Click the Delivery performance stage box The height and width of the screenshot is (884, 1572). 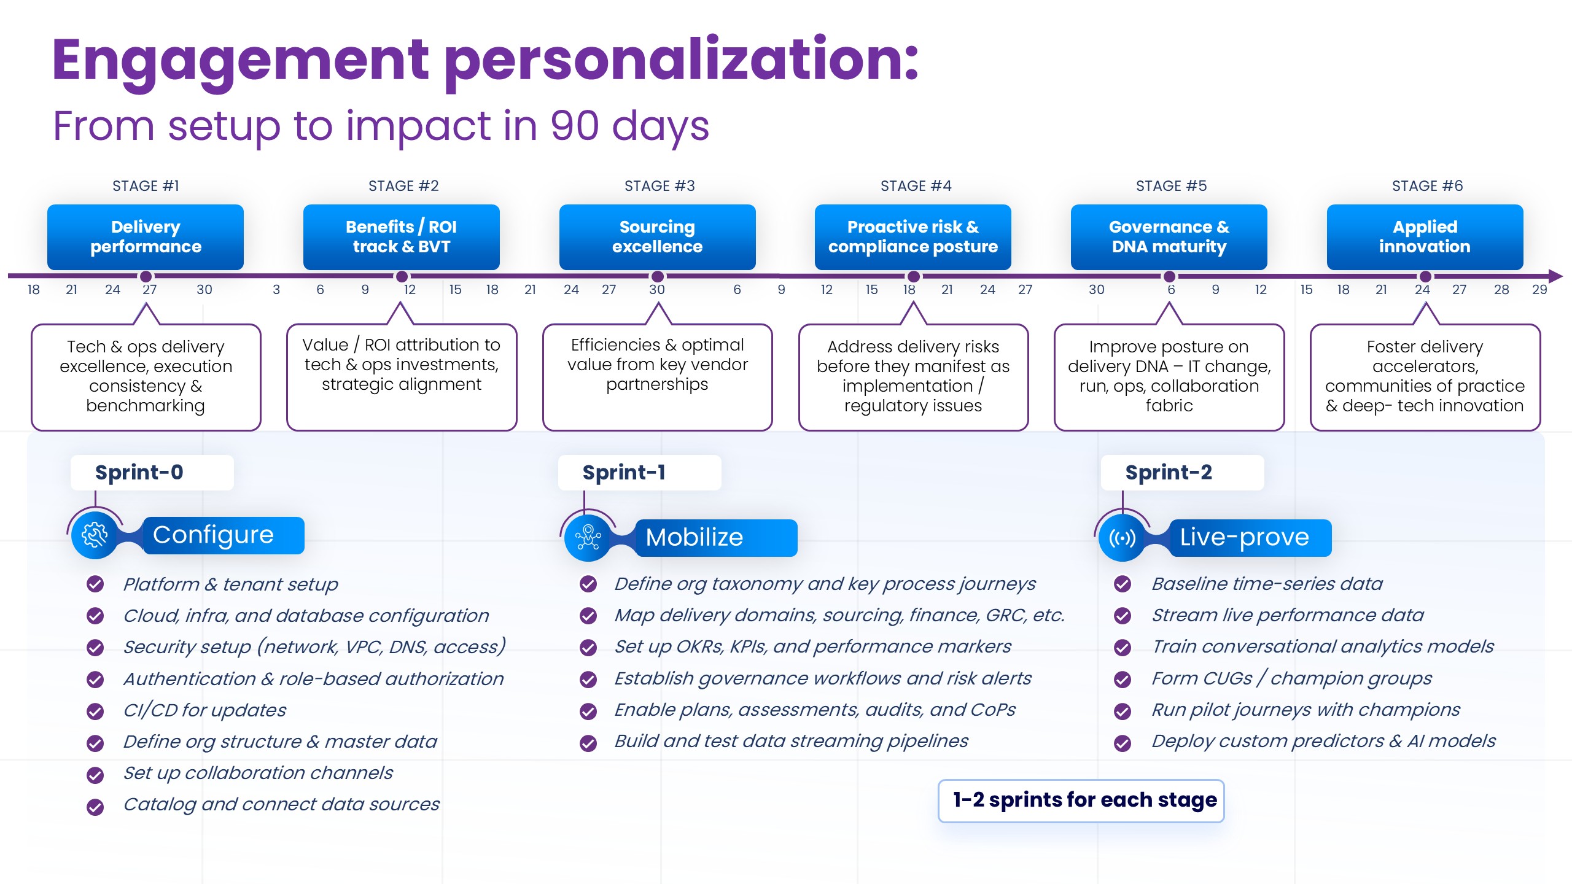(146, 237)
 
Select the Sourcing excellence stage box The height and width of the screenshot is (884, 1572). (657, 237)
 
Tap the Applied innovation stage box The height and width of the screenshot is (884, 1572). (1425, 237)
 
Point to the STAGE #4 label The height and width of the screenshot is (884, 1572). (916, 186)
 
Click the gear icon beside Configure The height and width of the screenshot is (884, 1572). (95, 535)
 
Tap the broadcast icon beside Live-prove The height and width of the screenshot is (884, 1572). (1122, 538)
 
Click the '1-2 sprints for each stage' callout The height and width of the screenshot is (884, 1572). (1081, 801)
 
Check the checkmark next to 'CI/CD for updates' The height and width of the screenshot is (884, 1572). (95, 711)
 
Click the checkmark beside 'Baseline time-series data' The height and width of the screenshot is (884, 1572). (1123, 584)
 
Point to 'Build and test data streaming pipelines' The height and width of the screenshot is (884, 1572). (791, 741)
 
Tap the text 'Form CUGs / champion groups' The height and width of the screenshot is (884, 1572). (1291, 678)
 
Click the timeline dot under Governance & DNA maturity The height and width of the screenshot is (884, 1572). (1169, 276)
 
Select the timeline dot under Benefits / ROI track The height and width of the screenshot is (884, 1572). (401, 276)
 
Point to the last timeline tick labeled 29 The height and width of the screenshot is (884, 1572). (1539, 290)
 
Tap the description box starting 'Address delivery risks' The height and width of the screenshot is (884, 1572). (913, 376)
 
